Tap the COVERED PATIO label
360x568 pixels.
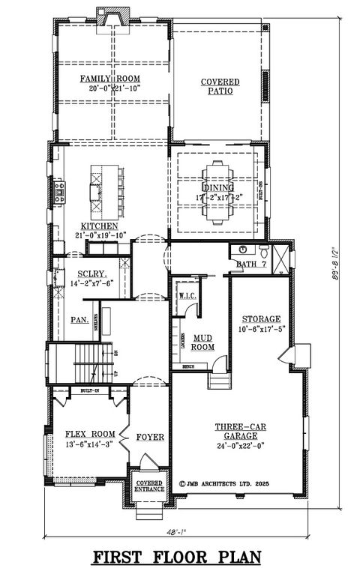coord(219,86)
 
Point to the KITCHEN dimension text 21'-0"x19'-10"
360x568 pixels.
coord(100,235)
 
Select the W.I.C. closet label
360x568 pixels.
coord(187,296)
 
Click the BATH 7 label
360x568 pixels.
coord(247,265)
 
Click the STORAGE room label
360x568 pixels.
coord(259,318)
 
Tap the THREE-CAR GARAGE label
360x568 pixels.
coord(237,430)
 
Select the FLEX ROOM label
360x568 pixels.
coord(89,434)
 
